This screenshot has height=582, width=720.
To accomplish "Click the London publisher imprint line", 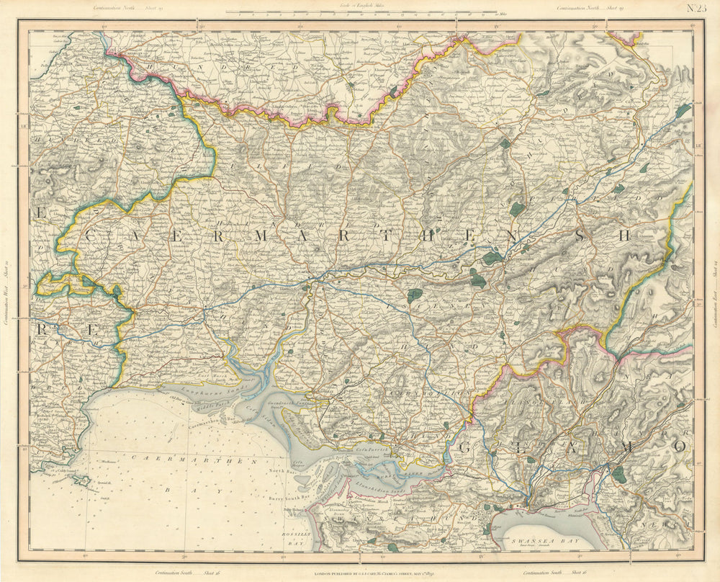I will (360, 574).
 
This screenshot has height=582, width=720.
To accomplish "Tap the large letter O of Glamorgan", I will (678, 447).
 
